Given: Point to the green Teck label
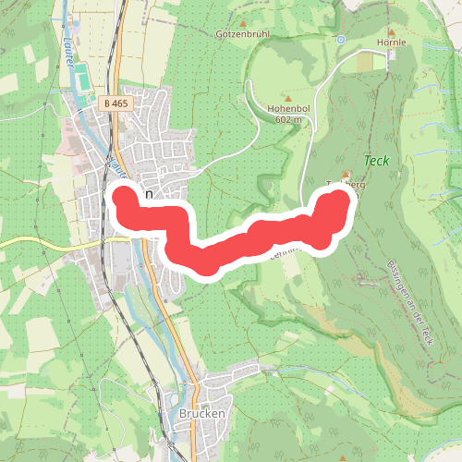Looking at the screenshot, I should coord(376,161).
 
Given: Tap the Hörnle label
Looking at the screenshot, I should coord(392,42).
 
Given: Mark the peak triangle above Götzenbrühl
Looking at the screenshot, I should coord(242,24).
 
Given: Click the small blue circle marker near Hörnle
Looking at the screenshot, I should coord(341,40).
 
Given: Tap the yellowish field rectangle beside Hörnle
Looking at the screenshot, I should coord(377,61).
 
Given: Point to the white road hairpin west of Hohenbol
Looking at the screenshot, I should coord(250,88).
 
